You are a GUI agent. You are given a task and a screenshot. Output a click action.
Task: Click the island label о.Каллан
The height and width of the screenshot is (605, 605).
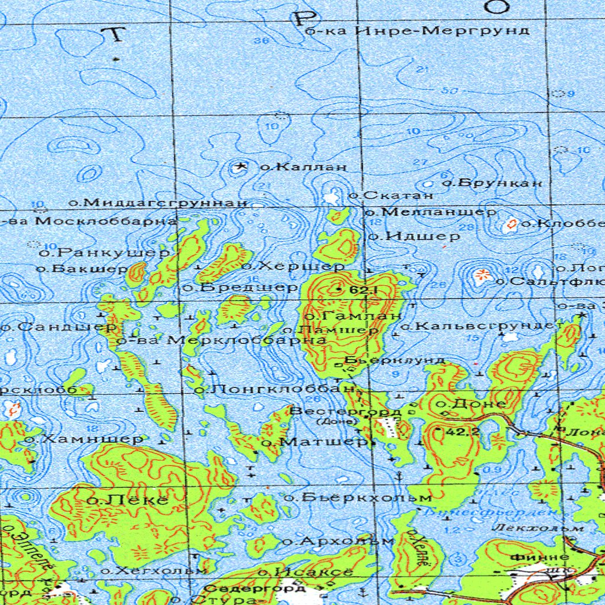point(303,167)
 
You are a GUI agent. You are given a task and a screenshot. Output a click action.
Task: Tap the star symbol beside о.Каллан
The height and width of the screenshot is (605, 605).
point(240,167)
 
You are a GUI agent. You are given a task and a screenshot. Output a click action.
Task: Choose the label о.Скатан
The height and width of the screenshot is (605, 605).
point(391,194)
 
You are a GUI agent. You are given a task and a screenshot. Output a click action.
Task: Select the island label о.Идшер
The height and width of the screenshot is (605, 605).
point(414,236)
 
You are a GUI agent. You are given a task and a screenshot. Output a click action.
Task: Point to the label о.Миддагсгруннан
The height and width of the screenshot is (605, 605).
point(157,203)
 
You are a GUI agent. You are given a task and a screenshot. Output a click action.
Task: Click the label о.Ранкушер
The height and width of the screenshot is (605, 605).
point(105,253)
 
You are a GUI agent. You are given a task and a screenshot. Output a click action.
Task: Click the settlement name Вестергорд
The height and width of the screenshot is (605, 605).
point(346,411)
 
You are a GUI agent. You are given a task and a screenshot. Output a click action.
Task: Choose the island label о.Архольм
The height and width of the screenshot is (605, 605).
point(338,541)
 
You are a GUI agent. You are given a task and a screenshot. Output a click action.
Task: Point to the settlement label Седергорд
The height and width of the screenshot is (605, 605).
point(255,588)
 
